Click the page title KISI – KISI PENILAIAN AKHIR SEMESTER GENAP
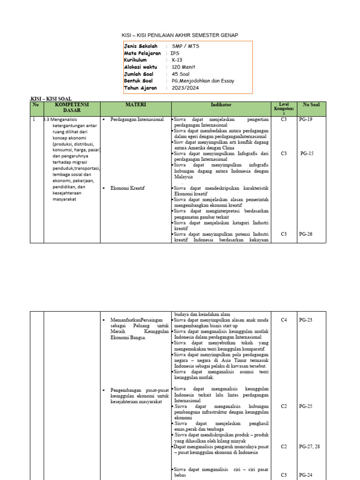pos(180,35)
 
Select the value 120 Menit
pos(183,67)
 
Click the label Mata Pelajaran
pos(142,53)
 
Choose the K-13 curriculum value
pos(177,60)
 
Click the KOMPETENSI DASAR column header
pos(72,107)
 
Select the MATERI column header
pos(136,105)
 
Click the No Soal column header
pos(311,105)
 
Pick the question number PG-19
pos(306,120)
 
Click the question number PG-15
pos(307,153)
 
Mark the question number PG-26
pos(306,234)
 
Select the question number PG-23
pos(306,320)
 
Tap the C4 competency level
pos(284,320)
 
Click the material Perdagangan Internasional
pos(137,120)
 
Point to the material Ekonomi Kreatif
pos(127,188)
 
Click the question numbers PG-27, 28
pos(309,447)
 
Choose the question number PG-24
pos(306,475)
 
